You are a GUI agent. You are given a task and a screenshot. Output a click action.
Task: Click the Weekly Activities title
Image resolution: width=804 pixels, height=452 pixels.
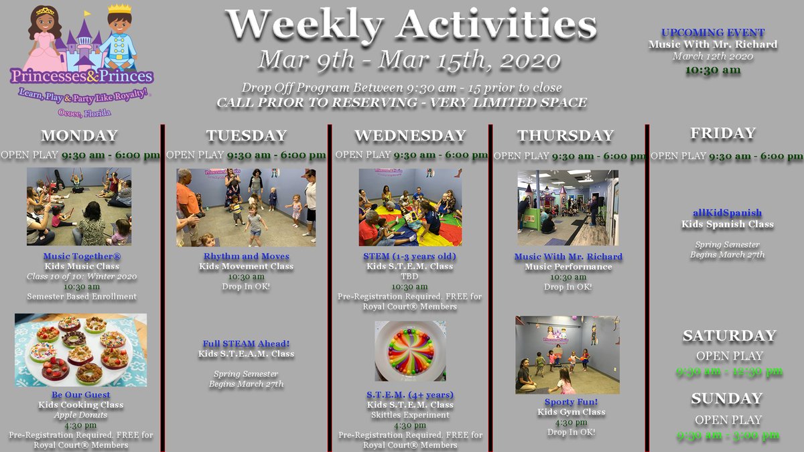point(411,25)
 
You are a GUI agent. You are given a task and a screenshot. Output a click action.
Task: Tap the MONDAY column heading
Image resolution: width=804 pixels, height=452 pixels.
point(79,136)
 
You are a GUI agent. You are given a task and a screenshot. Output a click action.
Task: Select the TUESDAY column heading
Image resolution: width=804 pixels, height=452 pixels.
point(246,136)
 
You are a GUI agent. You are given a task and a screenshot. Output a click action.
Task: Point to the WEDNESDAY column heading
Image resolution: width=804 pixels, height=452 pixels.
point(410,136)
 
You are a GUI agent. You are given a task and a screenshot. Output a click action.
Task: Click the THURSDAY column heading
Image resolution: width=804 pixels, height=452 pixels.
point(565,136)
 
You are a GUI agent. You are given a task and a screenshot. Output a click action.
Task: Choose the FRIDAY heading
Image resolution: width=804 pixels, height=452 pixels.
point(723,133)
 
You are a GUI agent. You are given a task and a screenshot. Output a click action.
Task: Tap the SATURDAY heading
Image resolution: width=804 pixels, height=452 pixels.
point(729,335)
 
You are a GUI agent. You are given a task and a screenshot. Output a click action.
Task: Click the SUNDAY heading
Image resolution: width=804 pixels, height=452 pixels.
point(726,398)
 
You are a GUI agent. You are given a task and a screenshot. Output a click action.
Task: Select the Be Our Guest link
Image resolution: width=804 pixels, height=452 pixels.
point(80,395)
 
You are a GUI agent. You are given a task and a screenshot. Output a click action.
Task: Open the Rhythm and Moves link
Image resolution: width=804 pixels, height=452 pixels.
point(247,256)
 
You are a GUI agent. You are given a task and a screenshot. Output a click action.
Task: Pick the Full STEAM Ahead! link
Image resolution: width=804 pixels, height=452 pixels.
point(246,344)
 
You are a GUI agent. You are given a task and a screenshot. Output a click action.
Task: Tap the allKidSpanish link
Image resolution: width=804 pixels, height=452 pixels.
point(727,214)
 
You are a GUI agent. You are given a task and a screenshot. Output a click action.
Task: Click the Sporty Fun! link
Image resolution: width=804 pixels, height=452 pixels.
point(567,402)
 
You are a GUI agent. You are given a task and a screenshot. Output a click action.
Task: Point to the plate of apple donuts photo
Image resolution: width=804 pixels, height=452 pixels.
point(80,350)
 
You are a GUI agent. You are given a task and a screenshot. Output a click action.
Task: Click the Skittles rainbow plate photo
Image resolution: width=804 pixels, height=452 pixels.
point(409,351)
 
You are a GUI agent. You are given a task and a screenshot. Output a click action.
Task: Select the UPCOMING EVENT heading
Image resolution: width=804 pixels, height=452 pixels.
point(713,33)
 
